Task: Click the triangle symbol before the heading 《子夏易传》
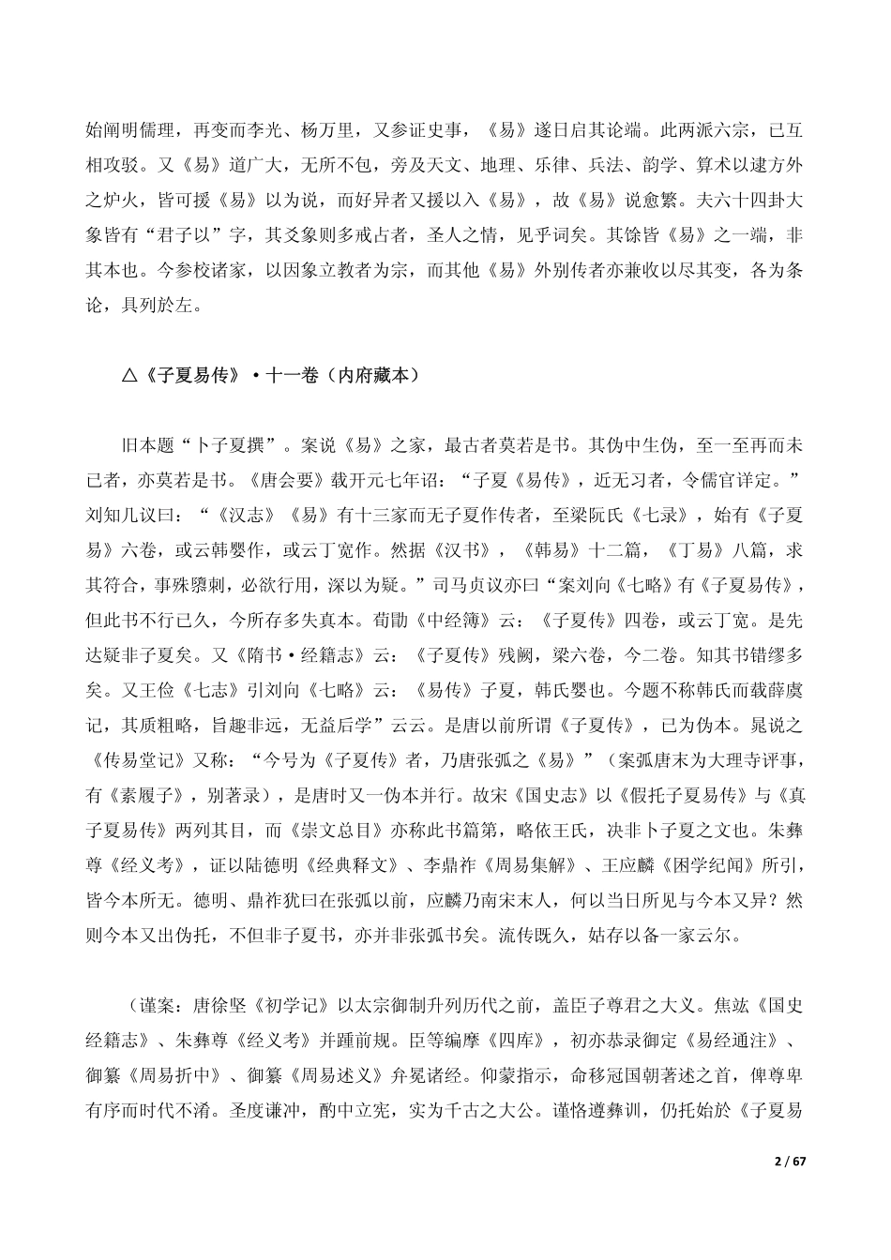129,377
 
